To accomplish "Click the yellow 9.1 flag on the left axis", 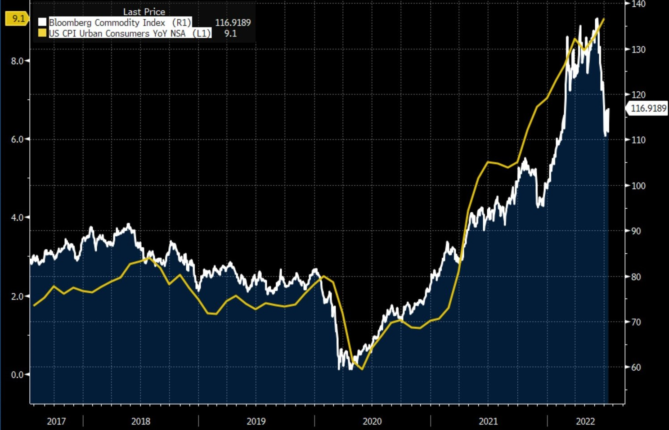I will click(17, 19).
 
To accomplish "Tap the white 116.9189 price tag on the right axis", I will click(648, 108).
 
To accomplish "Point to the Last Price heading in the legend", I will click(144, 12).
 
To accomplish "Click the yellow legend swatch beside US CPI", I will click(42, 33).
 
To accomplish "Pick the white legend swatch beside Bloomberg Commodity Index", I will click(42, 22).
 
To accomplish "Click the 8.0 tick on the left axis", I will click(18, 61).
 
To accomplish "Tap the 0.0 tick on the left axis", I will click(18, 375).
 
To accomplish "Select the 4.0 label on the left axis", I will click(18, 218).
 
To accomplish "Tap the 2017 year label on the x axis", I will click(56, 421).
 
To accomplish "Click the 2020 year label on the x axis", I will click(372, 421).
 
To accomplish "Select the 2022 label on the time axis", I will click(585, 421).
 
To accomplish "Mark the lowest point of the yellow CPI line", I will click(362, 369).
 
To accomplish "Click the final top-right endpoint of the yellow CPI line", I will click(604, 19).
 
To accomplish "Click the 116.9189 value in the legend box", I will click(233, 22).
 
